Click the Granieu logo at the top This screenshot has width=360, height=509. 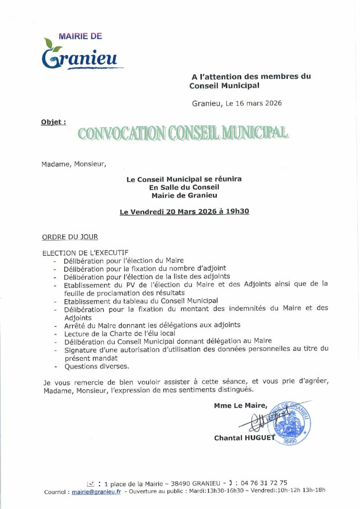point(82,54)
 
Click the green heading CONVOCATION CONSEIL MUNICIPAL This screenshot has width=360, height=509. point(182,133)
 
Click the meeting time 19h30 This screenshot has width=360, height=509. point(237,211)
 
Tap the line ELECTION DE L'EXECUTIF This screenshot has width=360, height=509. point(86,253)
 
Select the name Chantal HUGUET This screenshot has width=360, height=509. point(244,438)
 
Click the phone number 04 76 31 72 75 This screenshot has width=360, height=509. point(263,483)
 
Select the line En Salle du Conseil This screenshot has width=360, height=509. point(184,187)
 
